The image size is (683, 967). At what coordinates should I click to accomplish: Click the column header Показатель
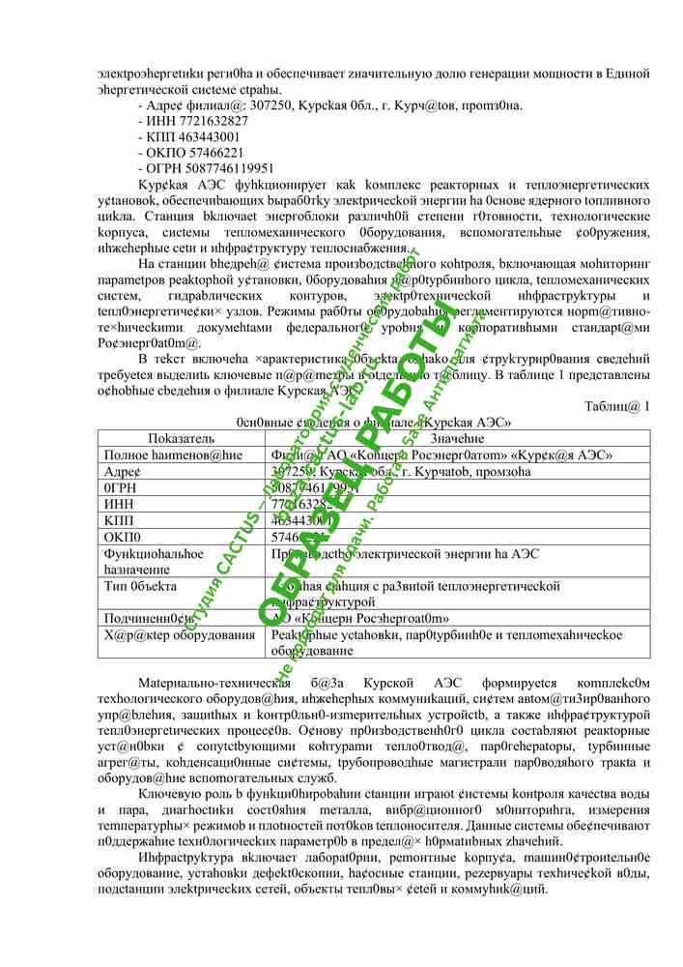(x=182, y=438)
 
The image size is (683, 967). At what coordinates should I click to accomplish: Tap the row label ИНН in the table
(x=117, y=503)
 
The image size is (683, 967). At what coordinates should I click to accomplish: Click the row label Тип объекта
(x=140, y=585)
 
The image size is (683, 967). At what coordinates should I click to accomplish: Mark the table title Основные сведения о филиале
(x=373, y=423)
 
